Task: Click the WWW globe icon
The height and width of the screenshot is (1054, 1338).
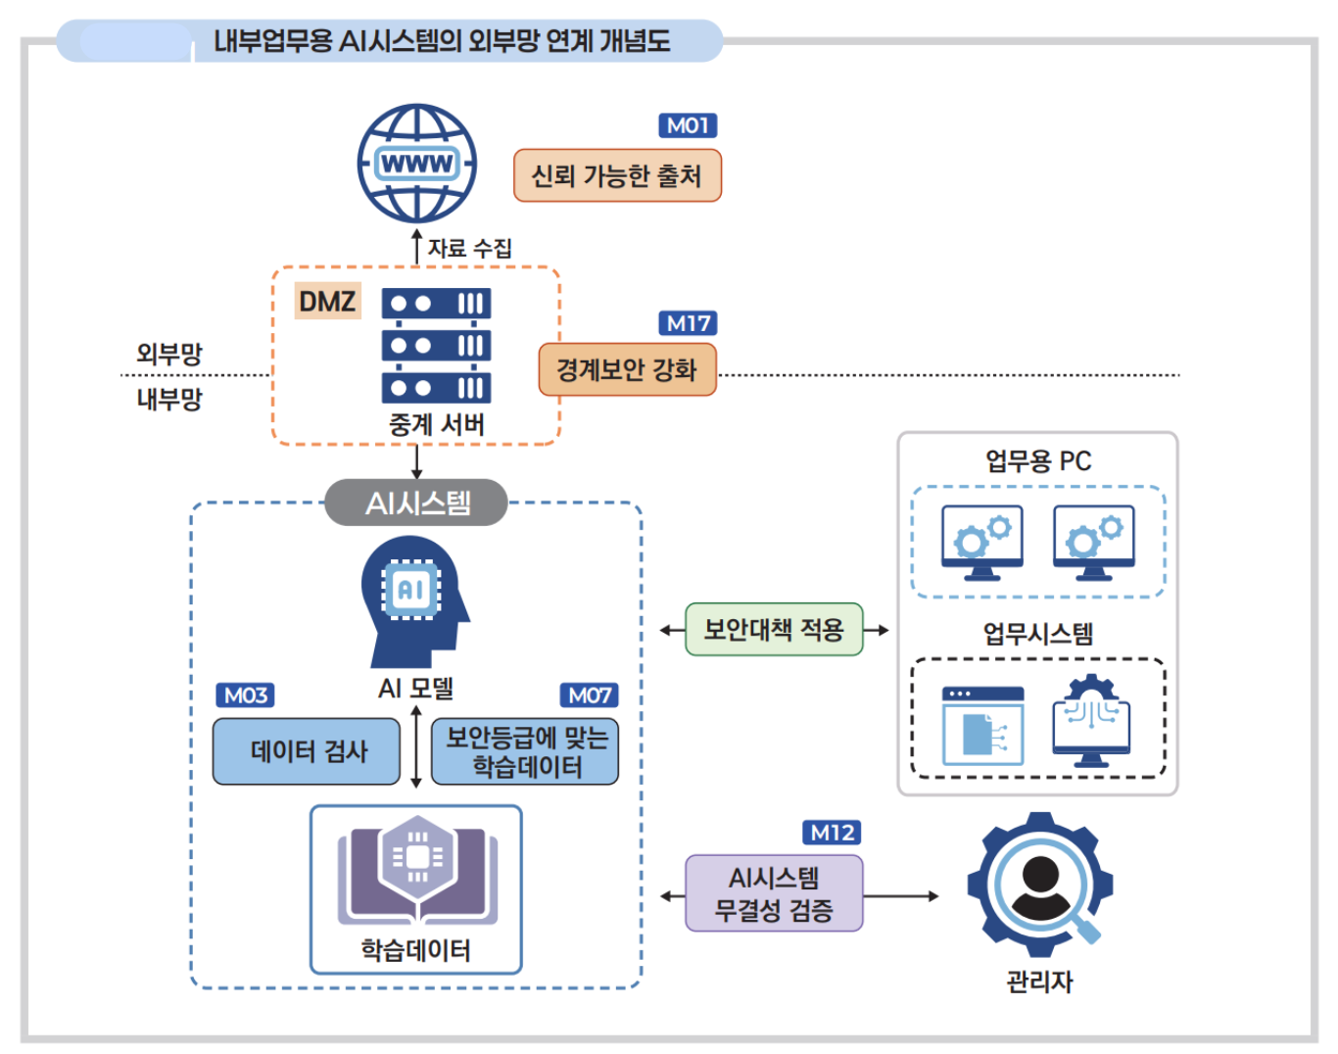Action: click(x=417, y=164)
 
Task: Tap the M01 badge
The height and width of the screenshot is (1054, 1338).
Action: click(x=688, y=125)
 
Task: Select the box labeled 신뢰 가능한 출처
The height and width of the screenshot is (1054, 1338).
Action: click(x=617, y=175)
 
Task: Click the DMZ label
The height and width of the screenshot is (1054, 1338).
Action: click(x=327, y=301)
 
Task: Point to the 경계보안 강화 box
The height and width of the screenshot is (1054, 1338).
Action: click(x=627, y=369)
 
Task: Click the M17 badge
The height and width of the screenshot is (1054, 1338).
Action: click(x=688, y=323)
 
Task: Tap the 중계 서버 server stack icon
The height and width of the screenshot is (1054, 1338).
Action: click(x=436, y=346)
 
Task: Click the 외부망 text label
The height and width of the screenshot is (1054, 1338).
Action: click(x=168, y=354)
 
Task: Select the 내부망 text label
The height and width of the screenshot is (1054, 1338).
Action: click(x=168, y=399)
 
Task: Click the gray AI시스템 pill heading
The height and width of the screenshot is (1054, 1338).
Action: click(x=417, y=503)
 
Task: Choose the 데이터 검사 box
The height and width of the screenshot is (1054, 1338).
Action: click(x=307, y=751)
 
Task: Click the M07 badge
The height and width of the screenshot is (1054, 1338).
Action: click(x=589, y=695)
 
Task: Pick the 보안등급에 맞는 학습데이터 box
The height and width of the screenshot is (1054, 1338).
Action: click(x=525, y=751)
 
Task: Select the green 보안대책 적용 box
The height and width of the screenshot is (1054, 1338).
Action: click(x=774, y=629)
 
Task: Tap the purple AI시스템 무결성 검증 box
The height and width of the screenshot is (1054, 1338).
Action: click(x=774, y=893)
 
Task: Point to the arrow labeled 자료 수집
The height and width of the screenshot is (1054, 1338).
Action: click(x=417, y=247)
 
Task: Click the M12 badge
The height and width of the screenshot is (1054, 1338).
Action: click(x=832, y=833)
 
